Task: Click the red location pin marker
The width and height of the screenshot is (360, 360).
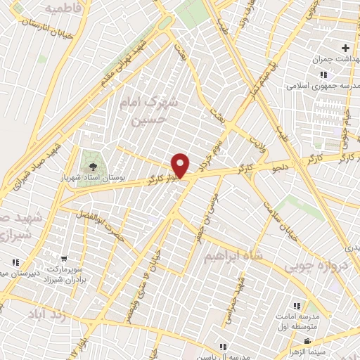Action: pyautogui.click(x=181, y=165)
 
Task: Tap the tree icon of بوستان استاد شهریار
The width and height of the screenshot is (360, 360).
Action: pyautogui.click(x=92, y=167)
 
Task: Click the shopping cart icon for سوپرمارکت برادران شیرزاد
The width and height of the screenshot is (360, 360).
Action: pyautogui.click(x=64, y=259)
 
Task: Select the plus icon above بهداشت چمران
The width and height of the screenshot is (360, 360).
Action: pyautogui.click(x=345, y=48)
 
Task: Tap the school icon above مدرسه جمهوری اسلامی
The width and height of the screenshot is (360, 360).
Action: pyautogui.click(x=323, y=75)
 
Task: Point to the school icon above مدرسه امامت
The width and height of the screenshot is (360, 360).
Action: pyautogui.click(x=296, y=306)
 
